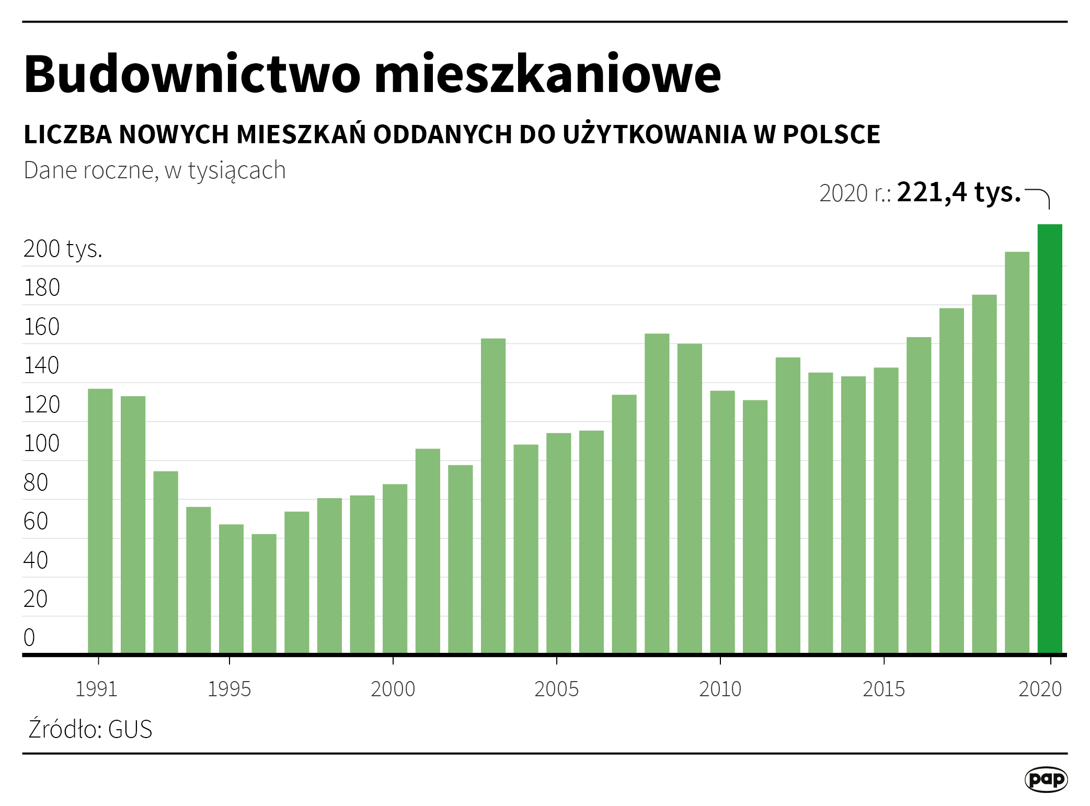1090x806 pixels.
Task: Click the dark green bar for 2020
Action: (1050, 439)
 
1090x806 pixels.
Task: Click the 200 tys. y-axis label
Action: (63, 249)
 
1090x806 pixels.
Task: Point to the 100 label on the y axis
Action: (41, 443)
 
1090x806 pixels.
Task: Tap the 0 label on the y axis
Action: (29, 638)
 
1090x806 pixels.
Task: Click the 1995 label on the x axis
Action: (229, 689)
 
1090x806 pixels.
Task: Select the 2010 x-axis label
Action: (720, 689)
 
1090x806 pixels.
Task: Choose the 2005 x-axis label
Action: (556, 689)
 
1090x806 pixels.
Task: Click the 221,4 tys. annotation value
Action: (958, 192)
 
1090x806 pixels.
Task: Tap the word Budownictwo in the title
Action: (192, 74)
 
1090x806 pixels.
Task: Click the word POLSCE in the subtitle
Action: (831, 135)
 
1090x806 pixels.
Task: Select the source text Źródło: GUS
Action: (90, 729)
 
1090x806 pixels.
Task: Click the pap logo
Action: (1046, 779)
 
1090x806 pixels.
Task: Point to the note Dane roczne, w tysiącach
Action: (155, 170)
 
